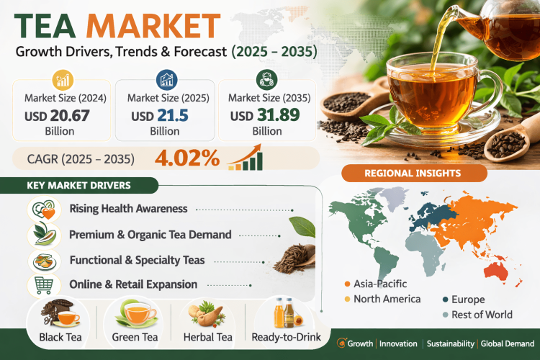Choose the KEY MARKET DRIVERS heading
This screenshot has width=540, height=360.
point(78,185)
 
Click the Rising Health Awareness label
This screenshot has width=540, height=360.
point(128,209)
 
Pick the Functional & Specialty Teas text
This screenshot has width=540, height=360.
point(137,259)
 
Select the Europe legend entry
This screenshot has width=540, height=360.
point(467,299)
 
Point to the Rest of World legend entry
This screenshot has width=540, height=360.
point(481,314)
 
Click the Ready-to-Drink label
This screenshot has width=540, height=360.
point(283,336)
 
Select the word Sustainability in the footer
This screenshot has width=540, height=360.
point(449,343)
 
